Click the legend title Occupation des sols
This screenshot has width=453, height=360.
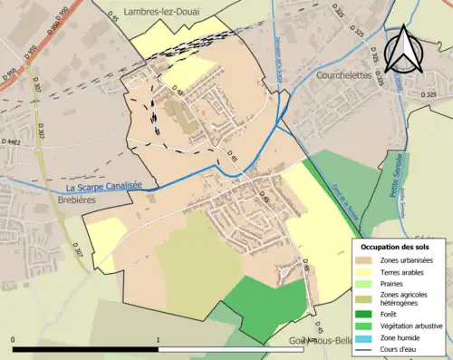point(395,247)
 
